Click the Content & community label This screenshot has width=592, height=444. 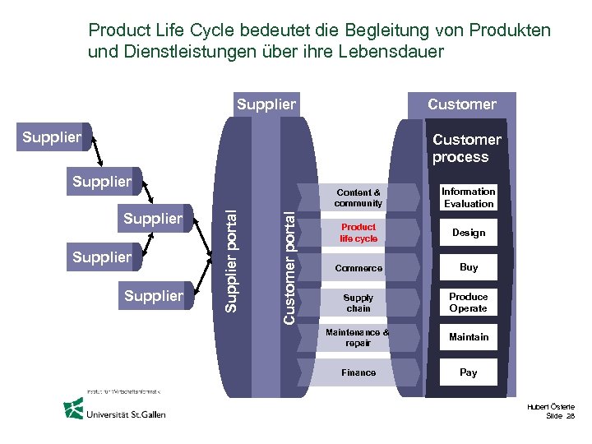click(x=358, y=197)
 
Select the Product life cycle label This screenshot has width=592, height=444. click(x=358, y=233)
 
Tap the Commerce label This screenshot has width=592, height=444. click(x=358, y=268)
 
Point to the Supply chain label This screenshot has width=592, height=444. click(x=358, y=303)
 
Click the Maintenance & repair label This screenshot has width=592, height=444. click(x=358, y=337)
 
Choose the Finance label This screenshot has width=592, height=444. click(x=358, y=372)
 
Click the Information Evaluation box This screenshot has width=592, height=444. click(x=469, y=197)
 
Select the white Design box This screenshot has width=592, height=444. click(x=469, y=233)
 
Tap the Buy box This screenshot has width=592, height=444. click(x=469, y=267)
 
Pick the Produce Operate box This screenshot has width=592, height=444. click(x=469, y=303)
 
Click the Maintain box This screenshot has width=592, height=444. click(x=469, y=337)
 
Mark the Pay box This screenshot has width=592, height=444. click(x=469, y=372)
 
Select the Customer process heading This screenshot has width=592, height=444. click(x=465, y=148)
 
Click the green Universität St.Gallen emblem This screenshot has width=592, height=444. click(x=75, y=409)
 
